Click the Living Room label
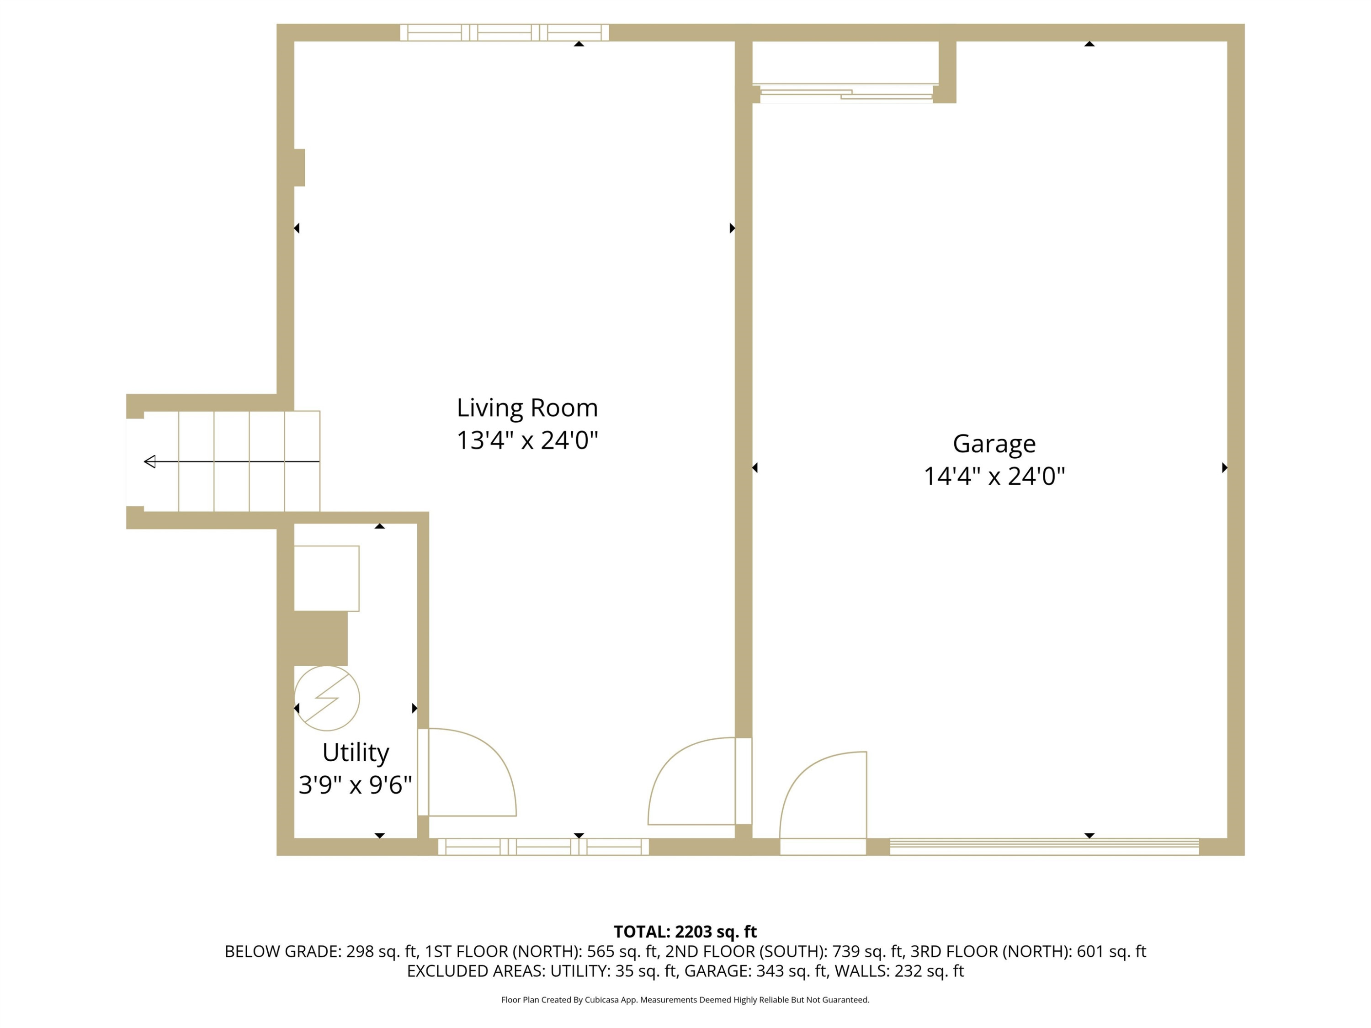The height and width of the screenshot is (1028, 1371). [527, 408]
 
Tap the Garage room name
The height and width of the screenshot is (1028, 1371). [994, 444]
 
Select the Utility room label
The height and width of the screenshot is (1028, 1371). [356, 753]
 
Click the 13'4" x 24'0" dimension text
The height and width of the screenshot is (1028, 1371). [527, 440]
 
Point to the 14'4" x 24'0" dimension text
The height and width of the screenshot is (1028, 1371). [994, 477]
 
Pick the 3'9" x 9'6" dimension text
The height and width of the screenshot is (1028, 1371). [355, 785]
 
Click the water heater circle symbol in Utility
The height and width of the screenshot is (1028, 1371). [327, 698]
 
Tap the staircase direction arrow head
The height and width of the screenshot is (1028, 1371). [149, 461]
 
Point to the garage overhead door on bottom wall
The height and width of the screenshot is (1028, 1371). [1044, 847]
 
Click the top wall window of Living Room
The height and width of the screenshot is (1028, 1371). [505, 32]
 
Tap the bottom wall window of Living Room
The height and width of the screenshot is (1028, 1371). [543, 847]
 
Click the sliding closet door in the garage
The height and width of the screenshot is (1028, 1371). [846, 93]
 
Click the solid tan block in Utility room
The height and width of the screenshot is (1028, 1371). [320, 638]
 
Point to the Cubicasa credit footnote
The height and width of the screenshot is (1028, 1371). [685, 1000]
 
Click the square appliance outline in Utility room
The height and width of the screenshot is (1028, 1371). [327, 579]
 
